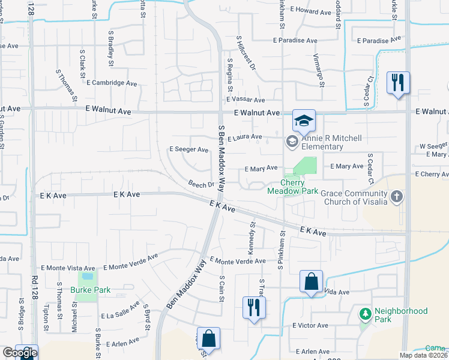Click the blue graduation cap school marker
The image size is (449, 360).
(304, 121)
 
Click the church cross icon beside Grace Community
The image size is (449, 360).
(396, 196)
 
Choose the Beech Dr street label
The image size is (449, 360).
(201, 185)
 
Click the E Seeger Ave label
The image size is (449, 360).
(188, 149)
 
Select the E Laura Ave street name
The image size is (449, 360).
(244, 137)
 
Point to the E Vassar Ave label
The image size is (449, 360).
(246, 100)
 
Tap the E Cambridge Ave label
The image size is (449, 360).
(112, 83)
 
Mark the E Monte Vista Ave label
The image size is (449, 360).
(68, 268)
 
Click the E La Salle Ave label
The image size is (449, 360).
(120, 314)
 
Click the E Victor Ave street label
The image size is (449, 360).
(310, 325)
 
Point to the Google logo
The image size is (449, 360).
(19, 353)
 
